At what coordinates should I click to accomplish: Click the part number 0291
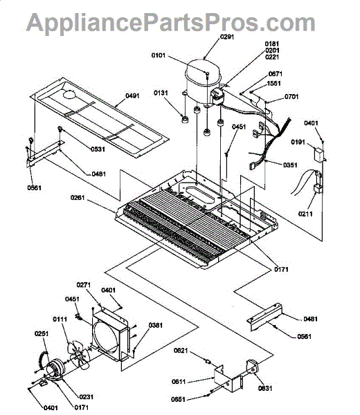(x=227, y=37)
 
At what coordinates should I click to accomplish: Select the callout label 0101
(x=158, y=55)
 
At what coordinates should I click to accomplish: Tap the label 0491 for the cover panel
(x=132, y=95)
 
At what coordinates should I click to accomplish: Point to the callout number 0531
(x=98, y=149)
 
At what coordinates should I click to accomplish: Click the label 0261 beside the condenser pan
(x=78, y=197)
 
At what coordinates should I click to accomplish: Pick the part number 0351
(x=290, y=165)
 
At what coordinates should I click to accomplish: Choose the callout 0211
(x=305, y=214)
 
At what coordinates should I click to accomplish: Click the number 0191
(x=298, y=142)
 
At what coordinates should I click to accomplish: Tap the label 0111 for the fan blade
(x=60, y=319)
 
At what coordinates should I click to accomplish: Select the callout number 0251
(x=42, y=333)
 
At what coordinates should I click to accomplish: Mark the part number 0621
(x=181, y=351)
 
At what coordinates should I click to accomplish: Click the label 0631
(x=265, y=388)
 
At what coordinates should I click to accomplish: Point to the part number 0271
(x=84, y=285)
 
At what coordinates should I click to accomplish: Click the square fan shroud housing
(x=111, y=333)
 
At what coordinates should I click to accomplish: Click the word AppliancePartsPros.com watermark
(x=171, y=22)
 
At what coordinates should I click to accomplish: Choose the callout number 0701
(x=291, y=97)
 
